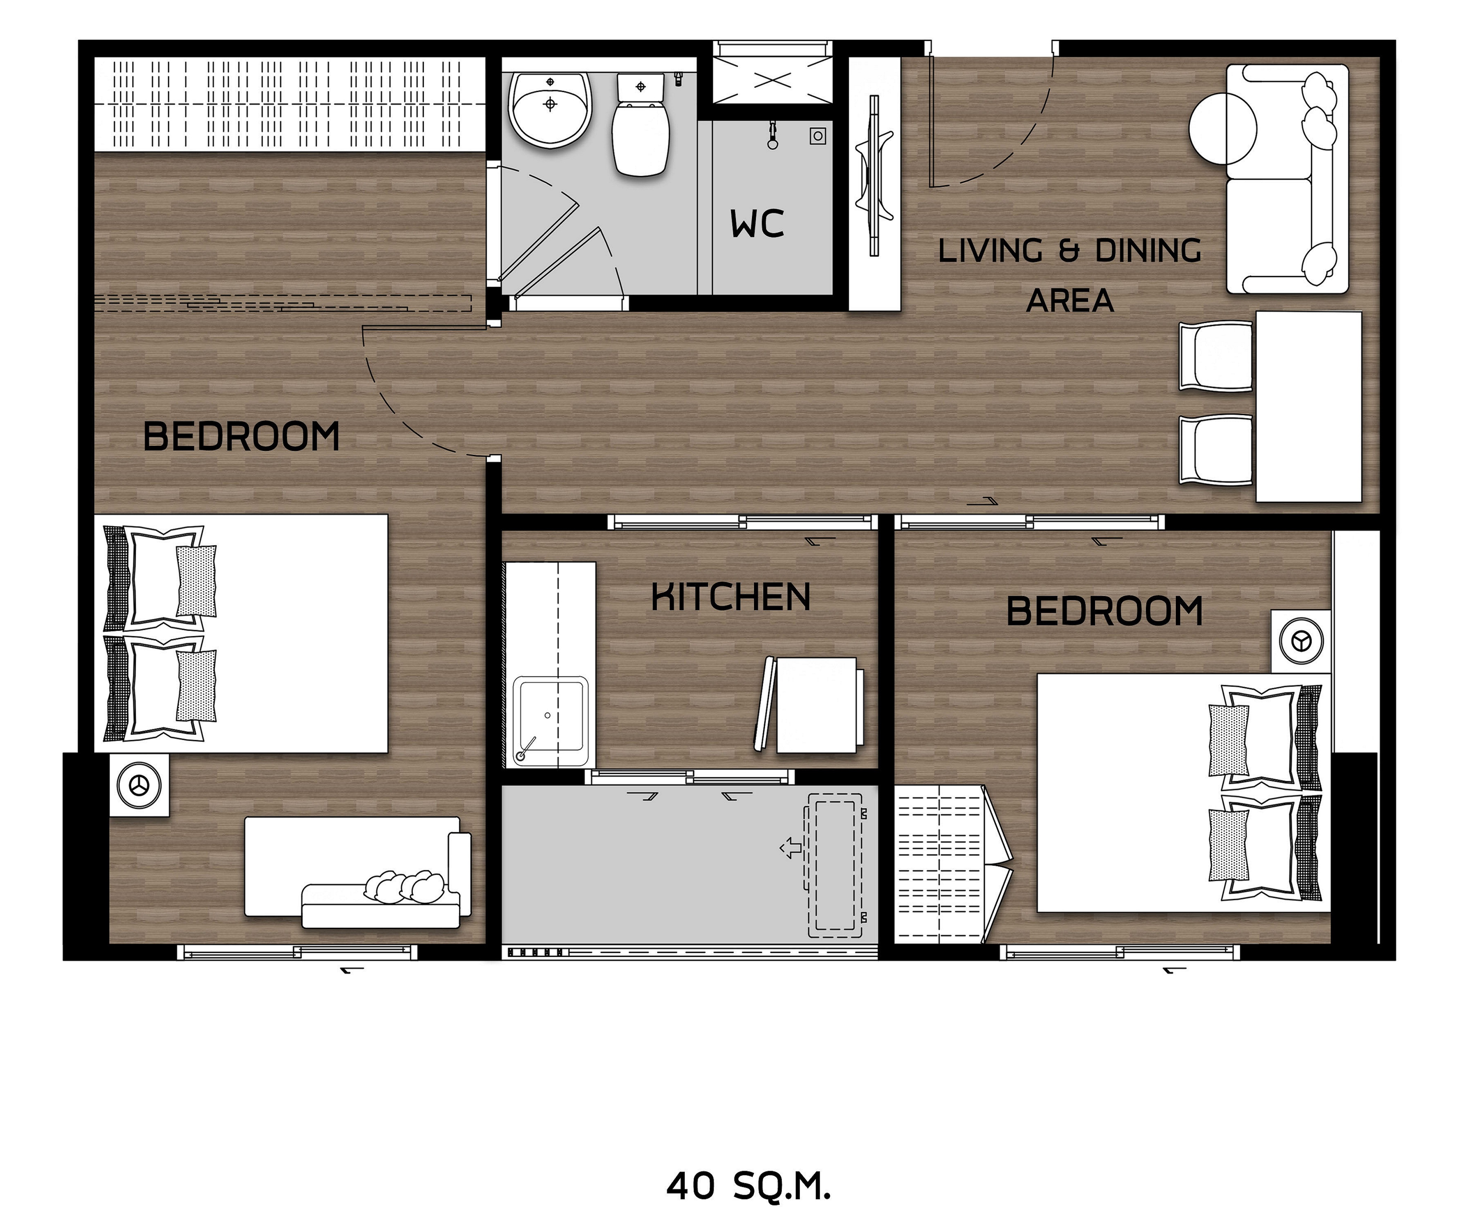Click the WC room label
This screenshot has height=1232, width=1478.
point(757,224)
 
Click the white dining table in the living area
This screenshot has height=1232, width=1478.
point(1308,407)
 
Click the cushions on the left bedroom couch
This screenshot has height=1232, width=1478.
point(404,887)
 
